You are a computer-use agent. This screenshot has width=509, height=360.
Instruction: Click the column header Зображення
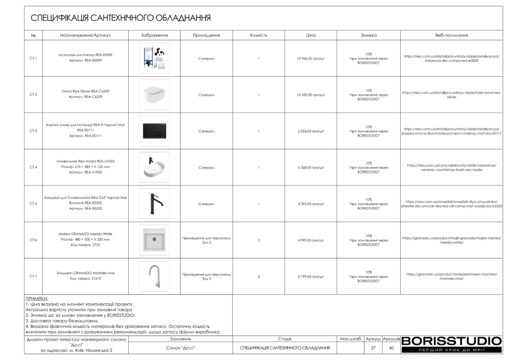(x=155, y=35)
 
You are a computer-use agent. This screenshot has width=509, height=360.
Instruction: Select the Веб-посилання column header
(x=451, y=35)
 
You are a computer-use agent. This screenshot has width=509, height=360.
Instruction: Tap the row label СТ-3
(x=33, y=131)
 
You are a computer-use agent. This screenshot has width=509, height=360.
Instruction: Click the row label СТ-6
(x=33, y=240)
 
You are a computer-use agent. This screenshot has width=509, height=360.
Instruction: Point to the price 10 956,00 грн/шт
(x=311, y=58)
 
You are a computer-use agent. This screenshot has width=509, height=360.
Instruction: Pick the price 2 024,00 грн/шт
(x=311, y=131)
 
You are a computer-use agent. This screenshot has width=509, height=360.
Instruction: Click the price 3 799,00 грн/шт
(x=311, y=276)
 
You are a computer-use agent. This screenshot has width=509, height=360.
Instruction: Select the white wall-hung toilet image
(x=154, y=94)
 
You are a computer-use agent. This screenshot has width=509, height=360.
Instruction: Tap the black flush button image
(x=154, y=131)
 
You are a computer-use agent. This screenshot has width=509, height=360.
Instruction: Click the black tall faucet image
(x=154, y=203)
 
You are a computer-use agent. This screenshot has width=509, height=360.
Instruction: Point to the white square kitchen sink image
(x=154, y=240)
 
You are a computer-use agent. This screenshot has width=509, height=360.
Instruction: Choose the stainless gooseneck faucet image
(x=154, y=276)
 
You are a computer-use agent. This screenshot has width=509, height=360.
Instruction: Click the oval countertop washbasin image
(x=154, y=167)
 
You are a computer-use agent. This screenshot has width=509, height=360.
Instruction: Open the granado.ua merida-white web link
(x=451, y=240)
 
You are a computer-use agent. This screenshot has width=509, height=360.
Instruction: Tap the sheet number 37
(x=373, y=348)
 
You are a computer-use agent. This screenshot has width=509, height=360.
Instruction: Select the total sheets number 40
(x=392, y=348)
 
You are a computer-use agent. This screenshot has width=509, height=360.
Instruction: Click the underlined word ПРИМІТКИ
(x=36, y=298)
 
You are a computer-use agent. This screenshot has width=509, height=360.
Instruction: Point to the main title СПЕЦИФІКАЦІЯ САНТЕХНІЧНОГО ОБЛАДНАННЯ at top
(x=121, y=18)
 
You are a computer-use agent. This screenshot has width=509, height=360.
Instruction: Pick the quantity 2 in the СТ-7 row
(x=258, y=276)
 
